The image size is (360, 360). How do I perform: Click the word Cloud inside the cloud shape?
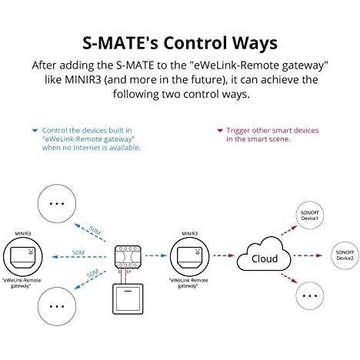[x=265, y=258]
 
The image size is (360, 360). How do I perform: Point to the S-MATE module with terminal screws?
[x=128, y=257]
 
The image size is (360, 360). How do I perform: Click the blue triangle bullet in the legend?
[x=35, y=131]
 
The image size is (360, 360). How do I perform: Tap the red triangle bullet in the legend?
[x=220, y=131]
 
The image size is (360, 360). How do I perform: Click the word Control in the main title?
[x=195, y=43]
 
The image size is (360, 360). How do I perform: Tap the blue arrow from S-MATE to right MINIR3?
[x=156, y=255]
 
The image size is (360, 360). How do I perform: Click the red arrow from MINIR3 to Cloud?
[x=224, y=255]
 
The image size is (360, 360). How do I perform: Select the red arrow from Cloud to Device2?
[x=308, y=255]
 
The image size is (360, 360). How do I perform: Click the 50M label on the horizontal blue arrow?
[x=78, y=252]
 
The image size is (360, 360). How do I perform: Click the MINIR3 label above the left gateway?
[x=23, y=234]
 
